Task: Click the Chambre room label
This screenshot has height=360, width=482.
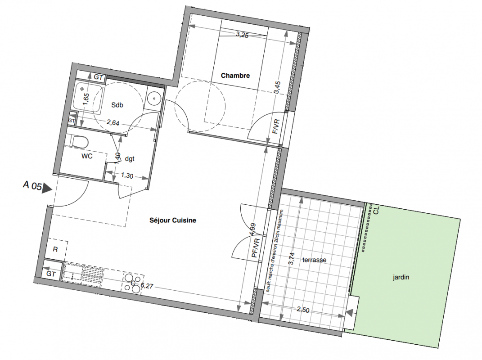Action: click(x=235, y=75)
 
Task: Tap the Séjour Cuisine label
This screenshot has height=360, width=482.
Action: click(x=173, y=220)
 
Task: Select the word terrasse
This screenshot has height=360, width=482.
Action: click(x=314, y=260)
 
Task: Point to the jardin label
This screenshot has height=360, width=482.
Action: click(x=401, y=277)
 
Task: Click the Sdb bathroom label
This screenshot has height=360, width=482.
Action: click(x=117, y=105)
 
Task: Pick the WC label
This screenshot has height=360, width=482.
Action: click(x=87, y=156)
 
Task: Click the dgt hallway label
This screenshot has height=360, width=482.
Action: click(x=130, y=159)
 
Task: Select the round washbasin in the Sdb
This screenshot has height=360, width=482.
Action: click(x=153, y=99)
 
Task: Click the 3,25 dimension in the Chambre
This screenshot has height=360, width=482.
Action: click(x=242, y=35)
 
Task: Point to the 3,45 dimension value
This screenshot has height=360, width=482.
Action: click(x=277, y=88)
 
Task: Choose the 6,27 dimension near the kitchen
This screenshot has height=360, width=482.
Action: click(x=147, y=286)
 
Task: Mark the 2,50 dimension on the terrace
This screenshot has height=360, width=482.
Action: click(x=303, y=310)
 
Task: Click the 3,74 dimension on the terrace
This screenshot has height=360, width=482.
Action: click(x=292, y=259)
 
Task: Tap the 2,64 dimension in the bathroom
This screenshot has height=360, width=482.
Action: click(x=113, y=123)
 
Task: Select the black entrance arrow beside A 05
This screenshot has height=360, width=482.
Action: click(x=47, y=188)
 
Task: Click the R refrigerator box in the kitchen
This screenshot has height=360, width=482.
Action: click(x=56, y=249)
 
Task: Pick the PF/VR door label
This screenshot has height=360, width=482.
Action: click(x=256, y=248)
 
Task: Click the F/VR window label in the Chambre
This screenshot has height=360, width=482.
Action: click(x=276, y=126)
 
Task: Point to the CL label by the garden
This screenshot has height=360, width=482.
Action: click(x=376, y=210)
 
